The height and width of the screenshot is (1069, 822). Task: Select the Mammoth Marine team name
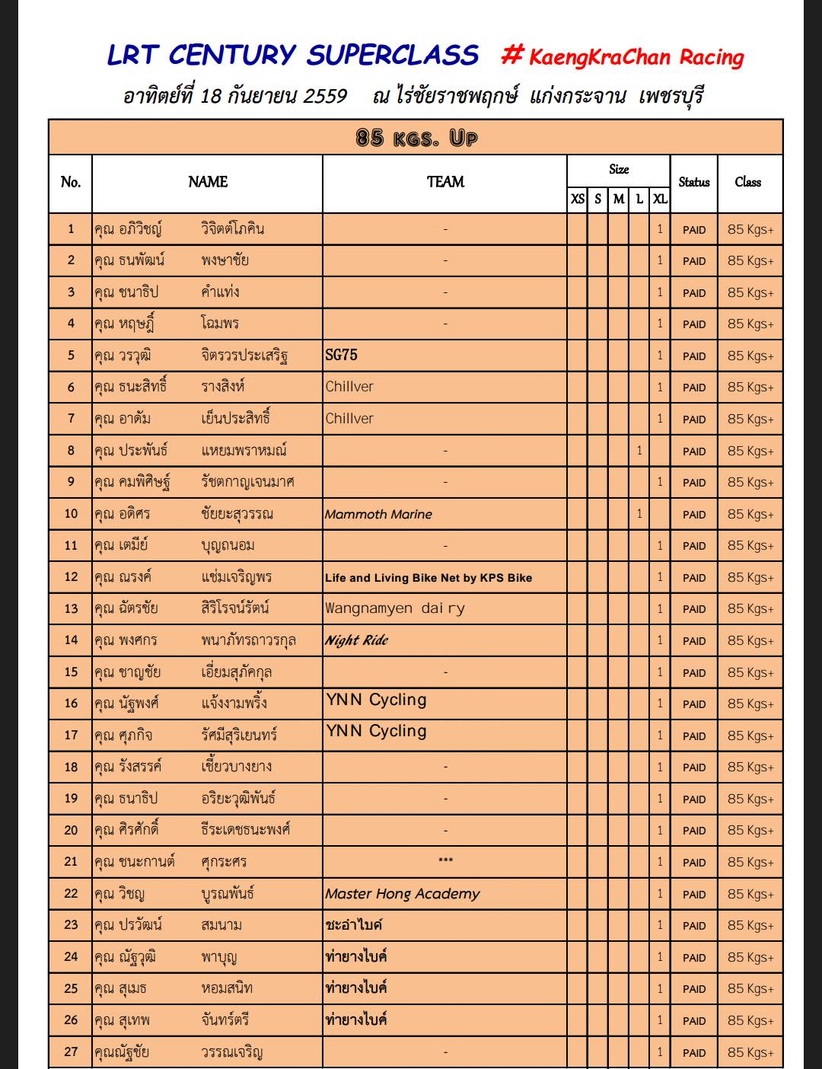coord(378,514)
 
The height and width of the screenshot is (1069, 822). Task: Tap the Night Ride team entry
coord(357,640)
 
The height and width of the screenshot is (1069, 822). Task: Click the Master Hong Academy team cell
coord(403,894)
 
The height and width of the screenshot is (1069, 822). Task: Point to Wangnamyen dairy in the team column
coord(395,608)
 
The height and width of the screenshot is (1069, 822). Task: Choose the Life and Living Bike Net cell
coord(429,578)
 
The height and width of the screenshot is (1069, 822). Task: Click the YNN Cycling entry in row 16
coord(377,700)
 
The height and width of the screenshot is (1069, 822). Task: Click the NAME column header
coord(208,182)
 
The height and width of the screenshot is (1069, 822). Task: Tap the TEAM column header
coord(445,182)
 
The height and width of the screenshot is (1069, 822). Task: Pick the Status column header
coord(694,182)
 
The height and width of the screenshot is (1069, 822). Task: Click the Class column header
coord(748,182)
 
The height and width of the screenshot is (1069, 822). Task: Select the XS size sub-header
coord(578,199)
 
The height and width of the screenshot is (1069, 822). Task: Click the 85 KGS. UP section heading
coord(416,138)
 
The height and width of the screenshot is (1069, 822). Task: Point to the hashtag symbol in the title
coord(513,55)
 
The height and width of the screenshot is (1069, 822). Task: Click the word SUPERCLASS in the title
coord(393,55)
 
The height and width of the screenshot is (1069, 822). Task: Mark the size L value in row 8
coord(639,451)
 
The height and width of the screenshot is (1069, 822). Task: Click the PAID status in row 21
coord(694,863)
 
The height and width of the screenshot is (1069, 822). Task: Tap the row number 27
coord(71,1052)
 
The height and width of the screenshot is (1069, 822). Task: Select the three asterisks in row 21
coord(445,861)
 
